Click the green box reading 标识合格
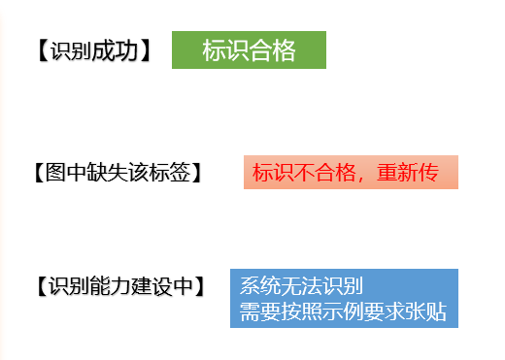(x=249, y=50)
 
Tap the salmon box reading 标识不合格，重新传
(x=350, y=173)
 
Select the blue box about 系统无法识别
(x=343, y=299)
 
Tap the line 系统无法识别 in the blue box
(x=301, y=286)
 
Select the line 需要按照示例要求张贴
(x=343, y=312)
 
